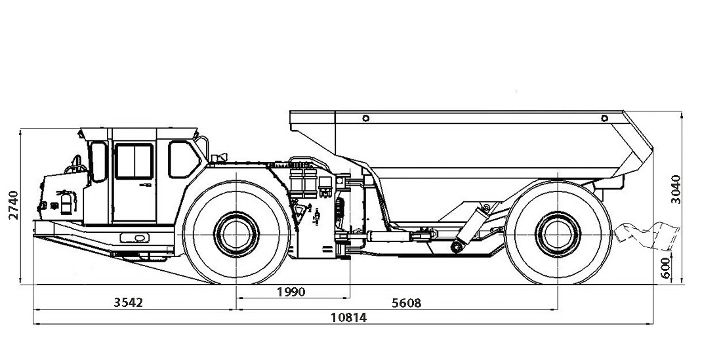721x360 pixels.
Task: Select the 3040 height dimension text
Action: (x=676, y=189)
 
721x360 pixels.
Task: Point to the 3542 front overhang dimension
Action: (x=128, y=302)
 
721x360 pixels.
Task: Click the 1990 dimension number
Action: (x=291, y=292)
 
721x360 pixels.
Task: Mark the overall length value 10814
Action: (x=348, y=317)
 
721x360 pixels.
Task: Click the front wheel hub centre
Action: (x=236, y=232)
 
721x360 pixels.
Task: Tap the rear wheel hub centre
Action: (x=557, y=232)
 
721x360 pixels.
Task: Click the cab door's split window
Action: (x=134, y=161)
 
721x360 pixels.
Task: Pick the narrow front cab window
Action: (x=98, y=161)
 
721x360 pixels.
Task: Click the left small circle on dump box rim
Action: (x=365, y=118)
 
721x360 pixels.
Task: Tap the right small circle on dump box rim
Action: (x=604, y=118)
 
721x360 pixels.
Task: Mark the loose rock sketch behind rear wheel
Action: (x=646, y=234)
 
